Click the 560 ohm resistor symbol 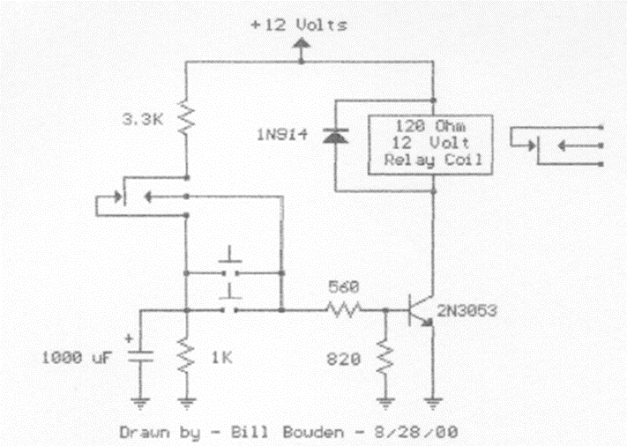(344, 310)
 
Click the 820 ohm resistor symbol (384, 357)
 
